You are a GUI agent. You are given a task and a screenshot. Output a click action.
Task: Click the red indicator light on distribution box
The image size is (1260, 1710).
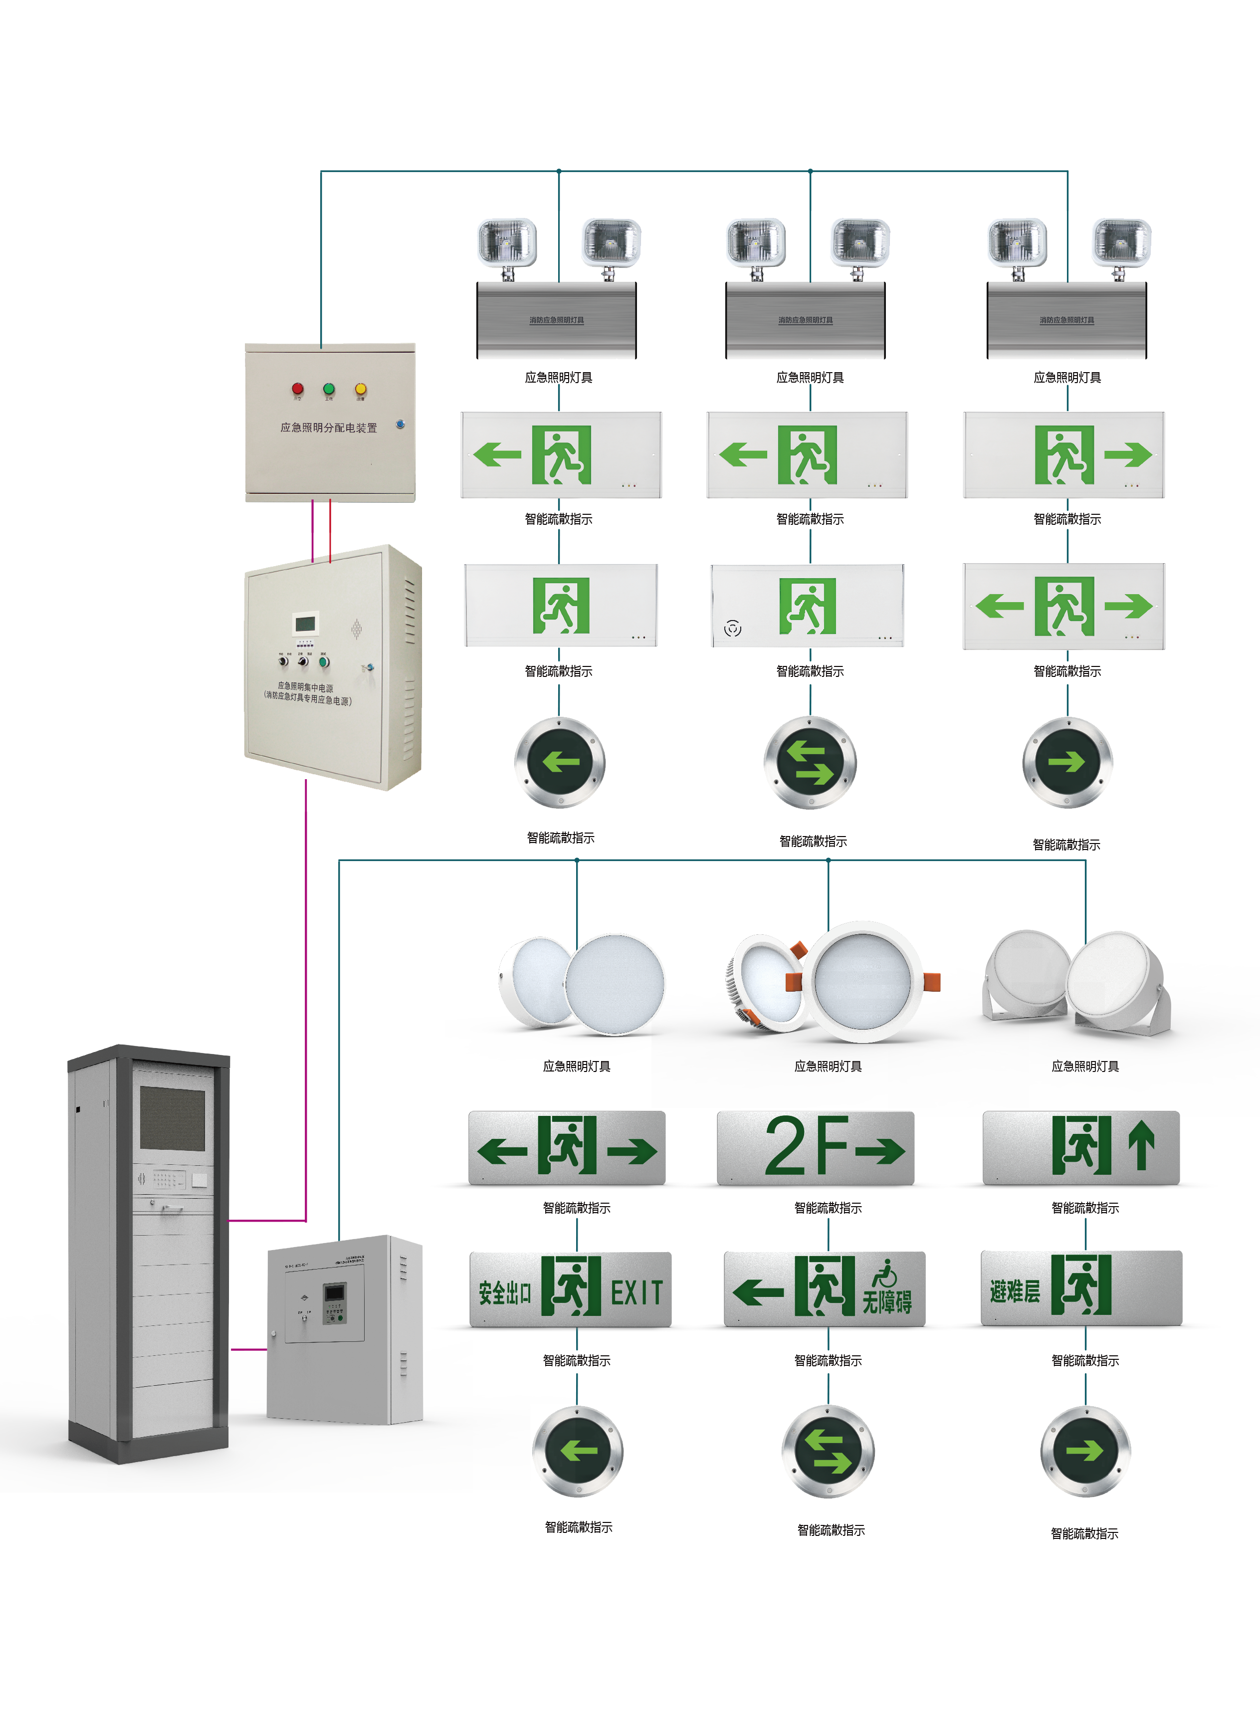coord(297,389)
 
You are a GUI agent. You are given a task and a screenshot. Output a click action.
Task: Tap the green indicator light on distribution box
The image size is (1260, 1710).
coord(329,389)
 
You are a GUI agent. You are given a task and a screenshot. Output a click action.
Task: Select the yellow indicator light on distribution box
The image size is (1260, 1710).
coord(361,389)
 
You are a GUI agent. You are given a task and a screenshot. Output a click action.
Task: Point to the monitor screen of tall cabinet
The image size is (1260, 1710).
coord(173,1118)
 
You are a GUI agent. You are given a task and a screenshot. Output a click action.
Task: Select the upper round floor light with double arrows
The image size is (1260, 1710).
coord(810,762)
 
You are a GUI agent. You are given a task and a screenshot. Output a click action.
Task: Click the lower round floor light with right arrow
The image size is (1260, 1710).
coord(1085,1450)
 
